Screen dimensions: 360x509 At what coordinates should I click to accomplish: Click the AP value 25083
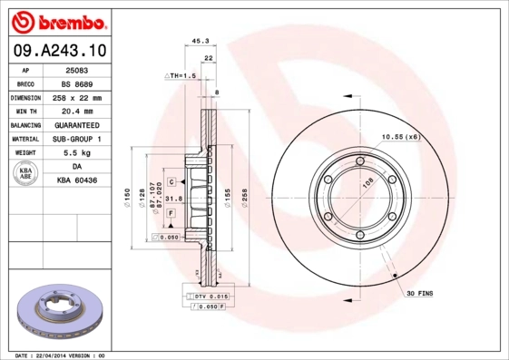coord(77,70)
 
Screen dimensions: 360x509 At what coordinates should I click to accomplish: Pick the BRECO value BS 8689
coord(77,83)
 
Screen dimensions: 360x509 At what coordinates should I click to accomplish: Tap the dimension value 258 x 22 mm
coord(77,98)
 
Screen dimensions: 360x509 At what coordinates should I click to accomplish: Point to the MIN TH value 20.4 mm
coord(77,112)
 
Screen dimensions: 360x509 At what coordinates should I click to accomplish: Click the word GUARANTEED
coord(77,125)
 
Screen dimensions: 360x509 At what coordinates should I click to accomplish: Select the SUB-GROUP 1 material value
coord(77,140)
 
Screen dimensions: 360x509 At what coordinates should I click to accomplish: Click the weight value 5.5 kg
coord(77,153)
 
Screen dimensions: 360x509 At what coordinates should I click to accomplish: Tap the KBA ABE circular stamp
coord(25,174)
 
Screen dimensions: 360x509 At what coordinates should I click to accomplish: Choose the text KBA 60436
coord(77,181)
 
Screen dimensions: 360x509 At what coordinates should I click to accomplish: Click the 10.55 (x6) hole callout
coord(399,136)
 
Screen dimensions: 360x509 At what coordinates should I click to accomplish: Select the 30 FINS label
coord(421,294)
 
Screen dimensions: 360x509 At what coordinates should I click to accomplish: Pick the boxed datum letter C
coord(171,182)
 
